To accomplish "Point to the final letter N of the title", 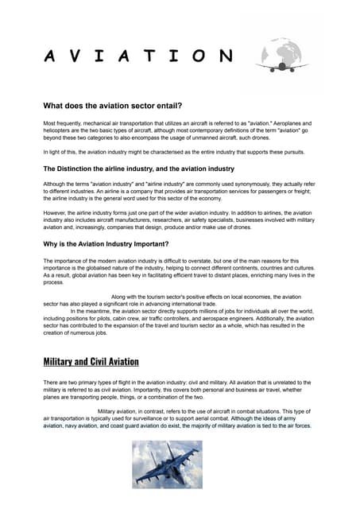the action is pyautogui.click(x=226, y=56).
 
